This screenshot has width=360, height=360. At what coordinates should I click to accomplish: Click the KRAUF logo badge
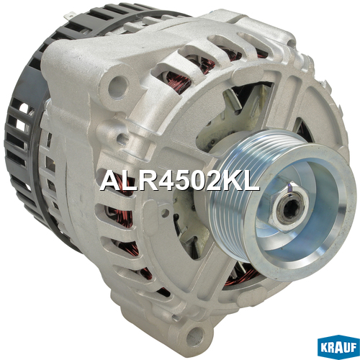(x=338, y=347)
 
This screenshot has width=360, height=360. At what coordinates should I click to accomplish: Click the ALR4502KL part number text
(x=179, y=181)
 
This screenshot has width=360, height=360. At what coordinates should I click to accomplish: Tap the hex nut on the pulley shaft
(x=288, y=207)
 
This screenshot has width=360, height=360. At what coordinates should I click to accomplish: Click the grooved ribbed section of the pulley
(x=230, y=192)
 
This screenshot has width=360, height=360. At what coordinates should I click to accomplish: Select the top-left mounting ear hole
(x=119, y=86)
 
